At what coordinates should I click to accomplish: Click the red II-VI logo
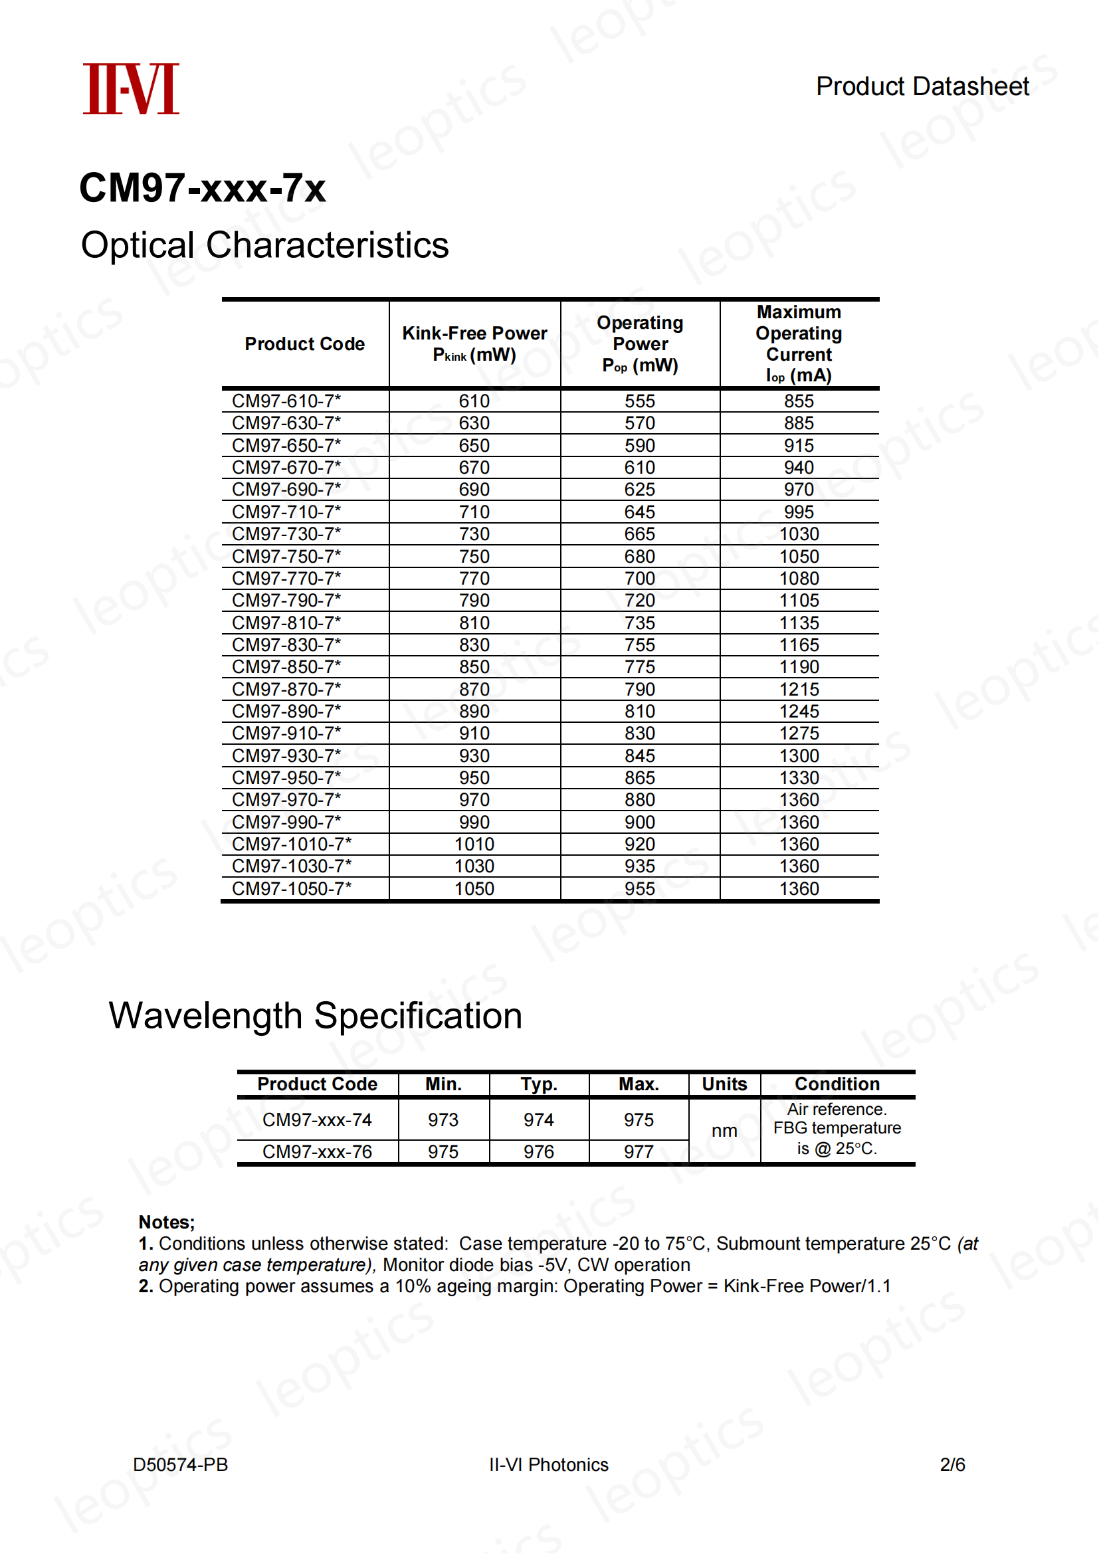click(131, 88)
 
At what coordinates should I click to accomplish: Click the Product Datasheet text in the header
click(922, 86)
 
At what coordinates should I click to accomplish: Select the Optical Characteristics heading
click(264, 245)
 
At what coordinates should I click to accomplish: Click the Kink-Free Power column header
click(474, 344)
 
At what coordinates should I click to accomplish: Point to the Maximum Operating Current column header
click(799, 344)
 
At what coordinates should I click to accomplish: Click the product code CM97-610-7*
click(286, 401)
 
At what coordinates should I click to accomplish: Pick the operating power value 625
click(639, 490)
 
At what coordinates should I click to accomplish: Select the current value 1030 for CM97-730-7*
click(799, 534)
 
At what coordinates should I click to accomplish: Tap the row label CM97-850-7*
click(286, 666)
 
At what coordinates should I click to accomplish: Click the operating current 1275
click(799, 733)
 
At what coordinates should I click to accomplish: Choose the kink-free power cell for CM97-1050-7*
click(474, 889)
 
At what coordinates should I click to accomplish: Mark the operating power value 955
click(639, 889)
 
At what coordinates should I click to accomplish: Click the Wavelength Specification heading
click(316, 1016)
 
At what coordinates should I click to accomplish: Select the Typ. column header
click(539, 1084)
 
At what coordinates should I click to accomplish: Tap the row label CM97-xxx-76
click(317, 1151)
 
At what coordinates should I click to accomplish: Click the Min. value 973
click(443, 1120)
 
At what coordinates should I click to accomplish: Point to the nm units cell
click(724, 1131)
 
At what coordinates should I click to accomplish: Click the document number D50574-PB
click(180, 1465)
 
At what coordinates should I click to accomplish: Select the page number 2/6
click(952, 1465)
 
